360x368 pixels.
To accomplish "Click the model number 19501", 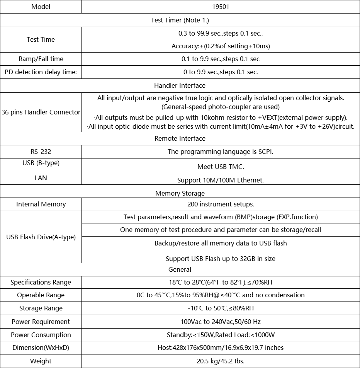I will coord(221,7).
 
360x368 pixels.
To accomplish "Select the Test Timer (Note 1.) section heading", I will coord(180,20).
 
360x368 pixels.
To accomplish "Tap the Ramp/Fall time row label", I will coord(41,59).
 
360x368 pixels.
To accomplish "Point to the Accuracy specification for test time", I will coord(221,46).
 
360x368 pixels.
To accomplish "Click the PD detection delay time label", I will coord(41,72).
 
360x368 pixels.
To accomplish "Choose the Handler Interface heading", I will coord(180,85).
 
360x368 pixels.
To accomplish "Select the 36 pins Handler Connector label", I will coord(41,112).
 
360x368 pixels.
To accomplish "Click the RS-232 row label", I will coord(41,152).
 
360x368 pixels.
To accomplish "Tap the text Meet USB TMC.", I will coord(221,167).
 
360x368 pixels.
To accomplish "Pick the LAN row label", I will coord(41,178).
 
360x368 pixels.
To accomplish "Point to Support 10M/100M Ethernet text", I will coord(221,180).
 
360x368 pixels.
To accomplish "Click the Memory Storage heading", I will coord(180,193).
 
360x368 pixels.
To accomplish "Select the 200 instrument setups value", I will coord(221,204).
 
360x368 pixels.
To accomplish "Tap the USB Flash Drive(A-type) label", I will coord(41,237).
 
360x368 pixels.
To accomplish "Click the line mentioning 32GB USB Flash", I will coord(221,259).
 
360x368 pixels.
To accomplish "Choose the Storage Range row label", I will coord(41,308).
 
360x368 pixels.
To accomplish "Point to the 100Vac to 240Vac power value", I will coord(221,322).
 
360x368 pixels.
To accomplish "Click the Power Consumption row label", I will coord(41,335).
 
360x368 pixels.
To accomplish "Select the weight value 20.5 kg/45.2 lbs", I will coord(221,361).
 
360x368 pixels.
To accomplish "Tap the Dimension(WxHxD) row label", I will coord(41,348).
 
